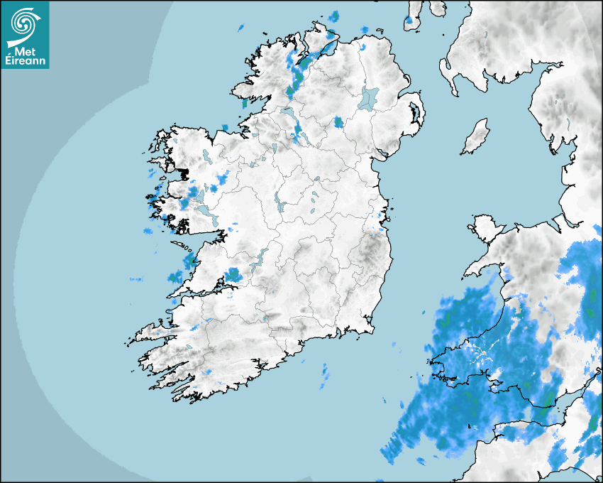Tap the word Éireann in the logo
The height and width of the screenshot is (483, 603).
pyautogui.click(x=25, y=61)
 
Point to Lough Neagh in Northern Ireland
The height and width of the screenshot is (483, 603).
pyautogui.click(x=369, y=97)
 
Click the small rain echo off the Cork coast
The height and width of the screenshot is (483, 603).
pyautogui.click(x=325, y=377)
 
